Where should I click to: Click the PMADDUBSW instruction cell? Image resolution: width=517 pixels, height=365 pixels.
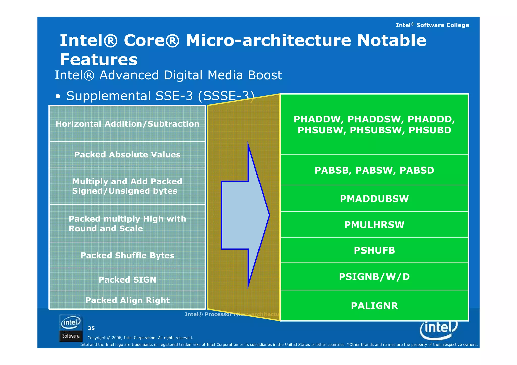click(374, 199)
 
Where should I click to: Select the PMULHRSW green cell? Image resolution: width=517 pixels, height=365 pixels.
click(374, 225)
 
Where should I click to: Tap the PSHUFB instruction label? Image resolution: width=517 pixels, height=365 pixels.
click(374, 250)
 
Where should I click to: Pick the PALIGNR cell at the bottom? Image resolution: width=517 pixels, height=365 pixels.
click(374, 306)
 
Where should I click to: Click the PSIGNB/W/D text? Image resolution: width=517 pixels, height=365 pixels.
click(374, 277)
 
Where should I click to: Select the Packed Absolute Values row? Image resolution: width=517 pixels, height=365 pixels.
click(127, 155)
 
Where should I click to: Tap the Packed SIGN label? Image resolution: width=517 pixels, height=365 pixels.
click(127, 279)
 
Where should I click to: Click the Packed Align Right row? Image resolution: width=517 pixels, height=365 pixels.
click(127, 300)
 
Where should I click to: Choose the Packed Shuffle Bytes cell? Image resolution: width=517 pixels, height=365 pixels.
click(127, 255)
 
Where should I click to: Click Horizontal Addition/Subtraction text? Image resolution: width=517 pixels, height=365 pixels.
click(127, 124)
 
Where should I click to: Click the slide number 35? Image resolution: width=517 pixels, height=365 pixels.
click(91, 328)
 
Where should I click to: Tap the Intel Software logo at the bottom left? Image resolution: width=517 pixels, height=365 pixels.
click(71, 328)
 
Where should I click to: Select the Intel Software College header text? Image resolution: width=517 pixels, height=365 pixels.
click(432, 25)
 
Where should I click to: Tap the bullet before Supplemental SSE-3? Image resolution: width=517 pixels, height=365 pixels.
click(58, 96)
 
